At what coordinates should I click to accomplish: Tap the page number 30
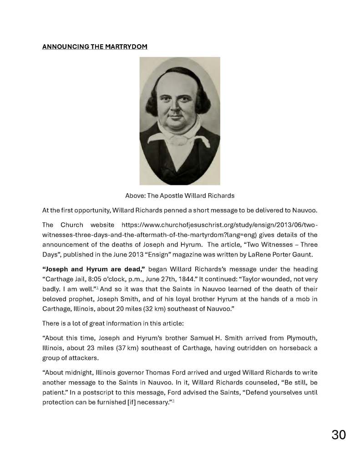(338, 435)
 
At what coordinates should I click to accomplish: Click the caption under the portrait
(180, 195)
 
